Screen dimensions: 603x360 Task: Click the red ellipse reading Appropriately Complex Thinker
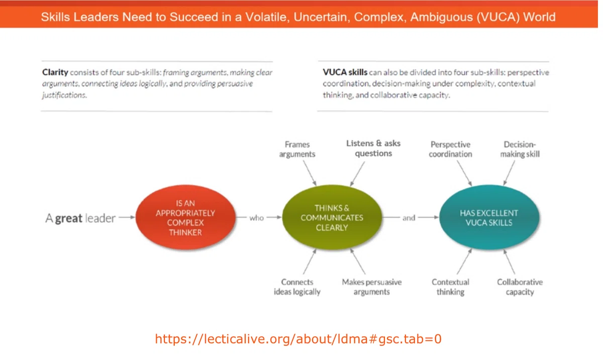click(185, 217)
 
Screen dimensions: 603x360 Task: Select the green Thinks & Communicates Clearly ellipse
click(332, 217)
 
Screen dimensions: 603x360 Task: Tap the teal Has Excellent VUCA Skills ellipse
click(489, 217)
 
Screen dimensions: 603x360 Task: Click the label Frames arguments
click(297, 149)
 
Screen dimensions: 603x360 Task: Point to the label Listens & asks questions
click(373, 148)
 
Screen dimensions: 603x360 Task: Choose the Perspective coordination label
click(450, 149)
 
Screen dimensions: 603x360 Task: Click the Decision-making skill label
click(520, 149)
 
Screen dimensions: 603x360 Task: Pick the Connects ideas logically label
click(297, 287)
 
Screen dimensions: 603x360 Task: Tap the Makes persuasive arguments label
click(372, 287)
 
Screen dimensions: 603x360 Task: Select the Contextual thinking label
click(450, 287)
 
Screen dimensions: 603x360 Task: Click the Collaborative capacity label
click(520, 287)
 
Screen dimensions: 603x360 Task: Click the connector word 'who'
click(256, 218)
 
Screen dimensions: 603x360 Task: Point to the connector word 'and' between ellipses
click(409, 218)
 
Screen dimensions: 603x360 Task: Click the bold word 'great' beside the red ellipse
click(69, 218)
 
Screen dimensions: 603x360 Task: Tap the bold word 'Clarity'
click(55, 72)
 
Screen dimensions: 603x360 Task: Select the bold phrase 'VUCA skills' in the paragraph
click(345, 72)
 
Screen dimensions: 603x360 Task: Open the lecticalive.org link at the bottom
click(298, 339)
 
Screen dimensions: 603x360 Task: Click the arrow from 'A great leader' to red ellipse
click(127, 217)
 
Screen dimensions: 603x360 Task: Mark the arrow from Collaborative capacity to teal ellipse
click(509, 262)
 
